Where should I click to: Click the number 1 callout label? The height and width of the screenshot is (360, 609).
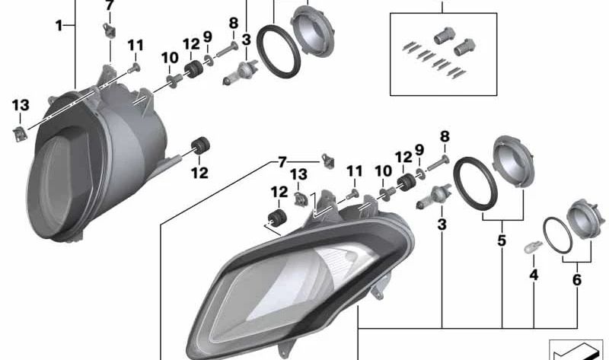point(59,26)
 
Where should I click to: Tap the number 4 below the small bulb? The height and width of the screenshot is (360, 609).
point(534,274)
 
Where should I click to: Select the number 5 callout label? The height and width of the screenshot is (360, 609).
point(502,241)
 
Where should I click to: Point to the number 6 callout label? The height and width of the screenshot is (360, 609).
point(576,279)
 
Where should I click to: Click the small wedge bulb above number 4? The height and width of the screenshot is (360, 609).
point(533,247)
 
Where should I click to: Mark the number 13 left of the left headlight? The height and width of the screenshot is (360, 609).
point(20,104)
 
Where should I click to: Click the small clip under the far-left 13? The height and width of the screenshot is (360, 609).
point(20,134)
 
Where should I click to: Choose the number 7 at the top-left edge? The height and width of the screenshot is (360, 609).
point(109,6)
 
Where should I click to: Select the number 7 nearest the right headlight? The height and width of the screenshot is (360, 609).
point(282,161)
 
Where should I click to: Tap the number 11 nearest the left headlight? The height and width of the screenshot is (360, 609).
point(135,46)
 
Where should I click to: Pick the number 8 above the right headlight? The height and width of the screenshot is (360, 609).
point(445,136)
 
